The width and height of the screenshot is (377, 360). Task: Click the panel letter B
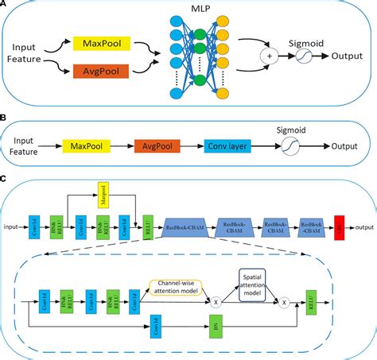click(5, 118)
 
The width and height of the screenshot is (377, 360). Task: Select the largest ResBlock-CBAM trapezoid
click(185, 229)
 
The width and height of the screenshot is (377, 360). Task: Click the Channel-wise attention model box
click(183, 285)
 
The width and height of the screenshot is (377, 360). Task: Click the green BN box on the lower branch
click(215, 325)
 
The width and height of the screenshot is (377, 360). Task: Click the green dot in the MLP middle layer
click(200, 35)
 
